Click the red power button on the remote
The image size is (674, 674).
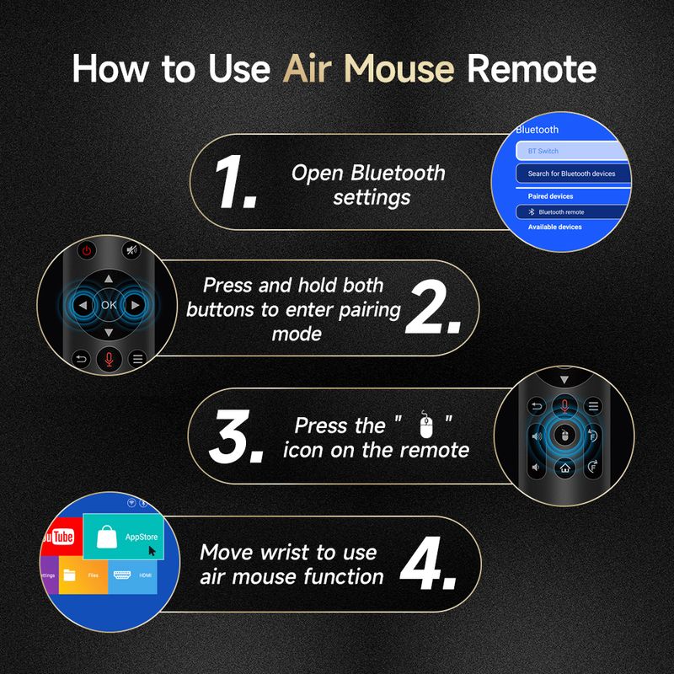click(87, 250)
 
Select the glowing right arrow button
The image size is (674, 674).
click(134, 306)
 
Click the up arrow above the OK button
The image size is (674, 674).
click(108, 278)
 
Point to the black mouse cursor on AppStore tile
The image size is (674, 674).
click(152, 550)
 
